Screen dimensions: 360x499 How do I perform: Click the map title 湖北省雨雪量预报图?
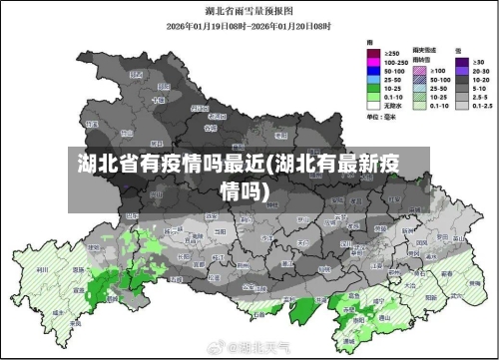pyautogui.click(x=249, y=14)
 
